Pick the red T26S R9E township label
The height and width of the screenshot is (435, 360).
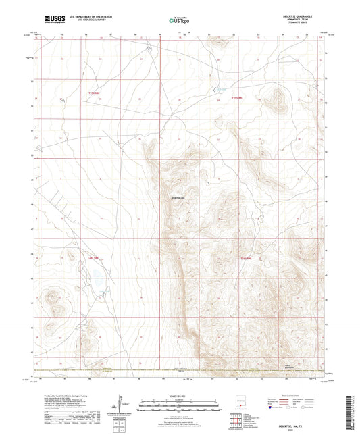(247, 258)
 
